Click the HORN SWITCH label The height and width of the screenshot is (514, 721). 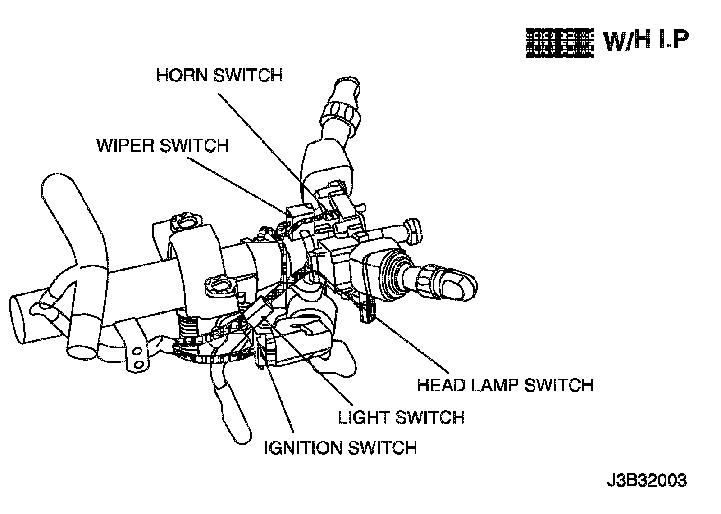pyautogui.click(x=219, y=75)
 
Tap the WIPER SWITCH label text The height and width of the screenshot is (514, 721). pyautogui.click(x=163, y=146)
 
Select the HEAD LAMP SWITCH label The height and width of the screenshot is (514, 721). pyautogui.click(x=505, y=385)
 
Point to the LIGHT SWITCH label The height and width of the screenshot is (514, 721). pyautogui.click(x=401, y=417)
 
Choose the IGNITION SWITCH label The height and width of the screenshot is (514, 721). pyautogui.click(x=340, y=448)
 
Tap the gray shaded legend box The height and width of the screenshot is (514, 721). pyautogui.click(x=560, y=43)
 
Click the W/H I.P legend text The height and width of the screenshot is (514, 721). pyautogui.click(x=646, y=42)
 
